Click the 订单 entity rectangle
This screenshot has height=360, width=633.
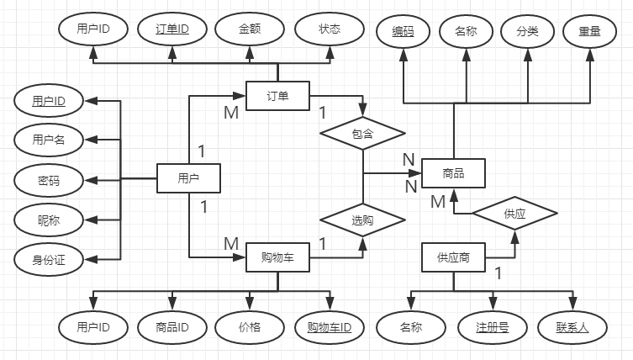277,96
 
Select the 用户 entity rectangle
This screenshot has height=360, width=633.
188,178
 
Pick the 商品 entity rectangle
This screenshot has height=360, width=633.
453,174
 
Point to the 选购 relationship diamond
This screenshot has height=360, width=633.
363,220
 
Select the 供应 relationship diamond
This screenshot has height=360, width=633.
514,214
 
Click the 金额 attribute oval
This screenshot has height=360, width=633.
250,29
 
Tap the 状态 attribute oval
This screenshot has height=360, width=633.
329,29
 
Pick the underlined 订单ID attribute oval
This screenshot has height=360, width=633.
171,29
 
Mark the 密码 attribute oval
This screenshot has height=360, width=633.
49,180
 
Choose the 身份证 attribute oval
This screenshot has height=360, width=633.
49,260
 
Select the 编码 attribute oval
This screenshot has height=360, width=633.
403,31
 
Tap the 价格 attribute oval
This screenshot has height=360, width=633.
250,327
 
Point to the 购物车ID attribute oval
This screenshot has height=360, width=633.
329,327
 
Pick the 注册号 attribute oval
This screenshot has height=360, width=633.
492,327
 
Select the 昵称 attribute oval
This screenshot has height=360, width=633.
49,220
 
